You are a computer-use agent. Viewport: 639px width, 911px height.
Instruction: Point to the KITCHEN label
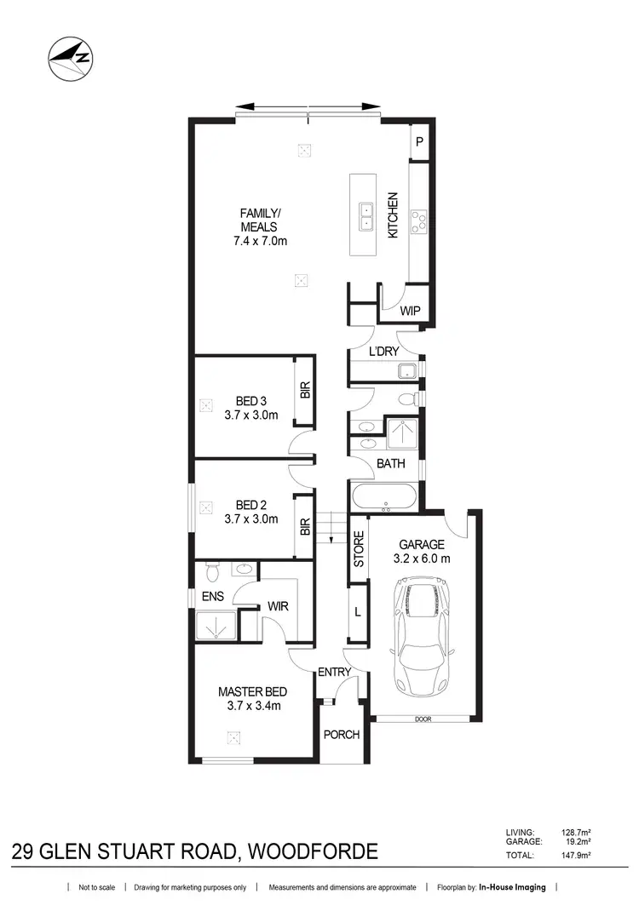pos(394,215)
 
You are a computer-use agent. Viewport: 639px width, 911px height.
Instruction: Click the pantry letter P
pos(419,144)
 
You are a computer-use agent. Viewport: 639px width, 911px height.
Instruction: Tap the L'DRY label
pos(384,351)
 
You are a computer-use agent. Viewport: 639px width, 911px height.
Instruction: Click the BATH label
pos(391,464)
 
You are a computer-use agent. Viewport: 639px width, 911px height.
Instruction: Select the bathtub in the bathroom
pos(383,496)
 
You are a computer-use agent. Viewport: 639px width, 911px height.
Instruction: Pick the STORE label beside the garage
pos(359,550)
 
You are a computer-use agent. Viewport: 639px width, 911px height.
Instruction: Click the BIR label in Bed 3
pos(304,391)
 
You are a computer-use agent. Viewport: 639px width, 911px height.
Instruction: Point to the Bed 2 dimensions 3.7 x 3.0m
pos(251,519)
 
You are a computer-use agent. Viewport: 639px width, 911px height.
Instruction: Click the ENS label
pos(212,596)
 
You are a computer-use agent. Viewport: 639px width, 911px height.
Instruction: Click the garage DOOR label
pos(423,719)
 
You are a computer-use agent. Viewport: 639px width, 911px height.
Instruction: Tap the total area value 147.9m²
pos(574,856)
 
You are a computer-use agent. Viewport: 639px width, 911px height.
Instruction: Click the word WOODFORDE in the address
pos(310,851)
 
